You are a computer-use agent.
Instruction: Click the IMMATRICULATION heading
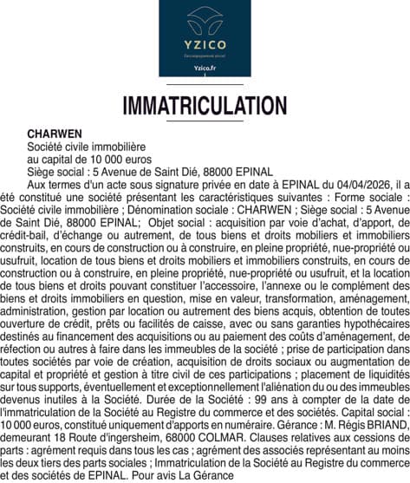point(205,106)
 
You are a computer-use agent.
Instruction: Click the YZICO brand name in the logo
point(205,44)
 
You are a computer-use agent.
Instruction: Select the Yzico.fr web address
point(205,67)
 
